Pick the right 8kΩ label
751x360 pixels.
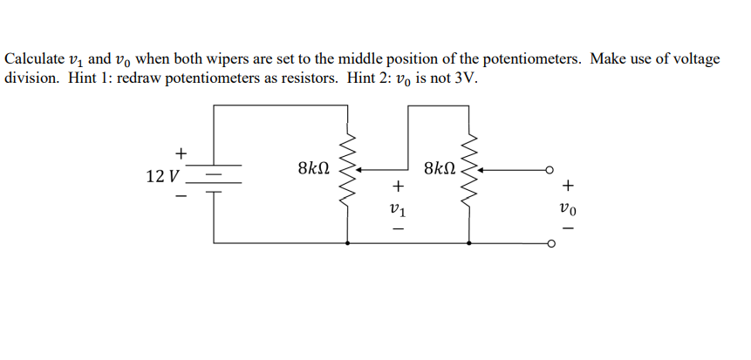(439, 168)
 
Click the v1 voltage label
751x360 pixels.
(398, 209)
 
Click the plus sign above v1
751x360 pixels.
(398, 186)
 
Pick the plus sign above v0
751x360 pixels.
(570, 185)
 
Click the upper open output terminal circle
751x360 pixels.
(550, 169)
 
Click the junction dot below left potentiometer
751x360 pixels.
(349, 243)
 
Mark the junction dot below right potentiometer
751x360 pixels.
(471, 243)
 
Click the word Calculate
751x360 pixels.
(35, 59)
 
